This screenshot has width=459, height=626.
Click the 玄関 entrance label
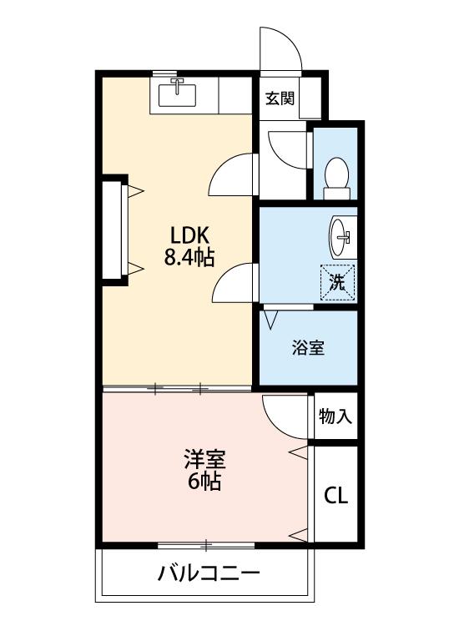click(x=280, y=98)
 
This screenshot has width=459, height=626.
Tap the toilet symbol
click(x=336, y=179)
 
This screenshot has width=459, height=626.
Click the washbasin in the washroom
click(x=340, y=237)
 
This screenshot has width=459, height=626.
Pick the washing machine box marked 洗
click(x=338, y=283)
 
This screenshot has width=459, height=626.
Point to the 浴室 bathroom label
click(x=308, y=347)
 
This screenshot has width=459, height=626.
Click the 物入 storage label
click(x=335, y=416)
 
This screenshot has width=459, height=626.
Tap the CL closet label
click(x=335, y=496)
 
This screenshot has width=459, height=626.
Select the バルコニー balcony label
click(x=209, y=573)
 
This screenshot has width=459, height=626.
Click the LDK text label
click(x=189, y=235)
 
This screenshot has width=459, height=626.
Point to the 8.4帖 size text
click(x=189, y=258)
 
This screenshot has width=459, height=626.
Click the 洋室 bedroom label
click(x=204, y=459)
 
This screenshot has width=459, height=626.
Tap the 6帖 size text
click(x=204, y=482)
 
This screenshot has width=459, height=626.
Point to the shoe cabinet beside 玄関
click(x=310, y=98)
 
